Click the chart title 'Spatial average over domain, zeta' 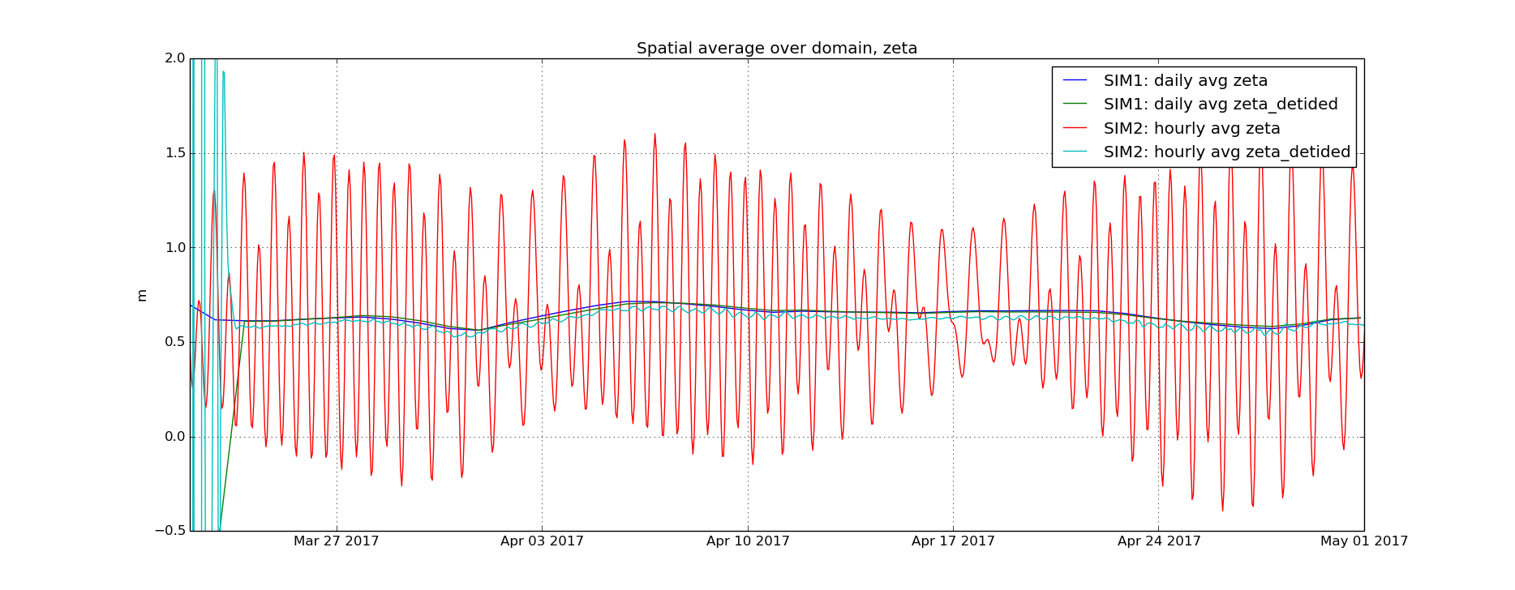[777, 49]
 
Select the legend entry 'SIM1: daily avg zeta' [1185, 81]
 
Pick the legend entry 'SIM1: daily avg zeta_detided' [1220, 105]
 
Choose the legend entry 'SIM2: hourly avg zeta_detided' [1226, 152]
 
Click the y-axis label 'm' [142, 295]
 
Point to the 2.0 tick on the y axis [175, 58]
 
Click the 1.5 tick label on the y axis [175, 153]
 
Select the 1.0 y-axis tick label [175, 248]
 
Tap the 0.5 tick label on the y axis [175, 342]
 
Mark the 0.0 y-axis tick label [175, 437]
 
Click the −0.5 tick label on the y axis [171, 531]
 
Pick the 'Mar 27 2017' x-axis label [337, 541]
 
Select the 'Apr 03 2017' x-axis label [542, 541]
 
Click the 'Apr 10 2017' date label [748, 541]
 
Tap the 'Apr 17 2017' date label [953, 541]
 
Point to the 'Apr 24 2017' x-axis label [1159, 541]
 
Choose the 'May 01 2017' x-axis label [1364, 541]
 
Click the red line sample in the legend [1075, 128]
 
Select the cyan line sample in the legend [1075, 152]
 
